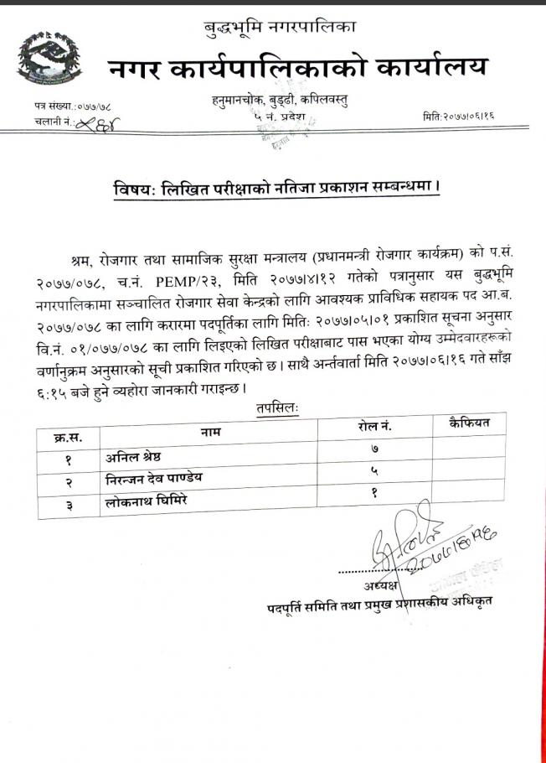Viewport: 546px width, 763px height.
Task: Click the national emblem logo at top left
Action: click(49, 60)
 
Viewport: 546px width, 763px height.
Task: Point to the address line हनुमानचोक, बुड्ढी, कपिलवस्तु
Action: click(280, 101)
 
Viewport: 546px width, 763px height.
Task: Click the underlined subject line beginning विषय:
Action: click(277, 188)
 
